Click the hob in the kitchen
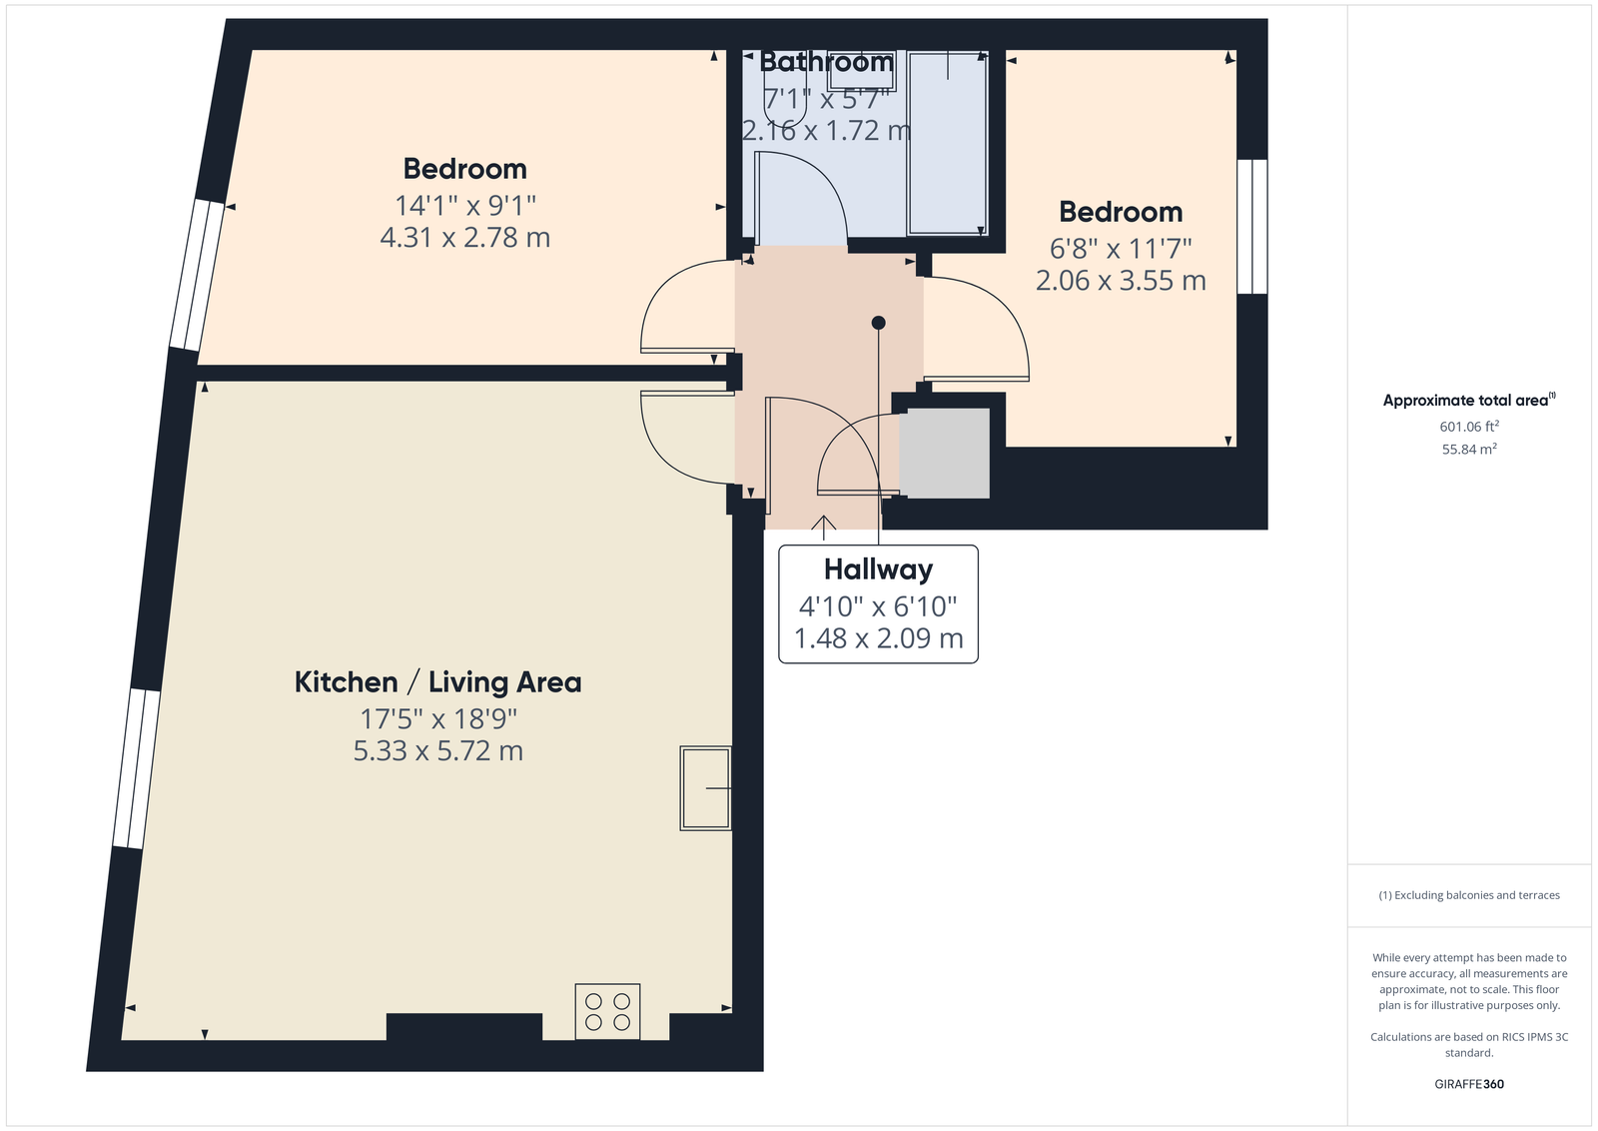[x=608, y=1011]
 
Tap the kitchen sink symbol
[x=705, y=787]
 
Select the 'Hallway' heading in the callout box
[x=878, y=569]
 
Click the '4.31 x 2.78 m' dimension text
[x=465, y=238]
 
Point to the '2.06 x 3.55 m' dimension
[x=1121, y=281]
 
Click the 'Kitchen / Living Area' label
[x=438, y=682]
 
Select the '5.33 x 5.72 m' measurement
[x=438, y=750]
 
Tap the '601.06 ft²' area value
[x=1469, y=426]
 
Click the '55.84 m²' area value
[x=1469, y=449]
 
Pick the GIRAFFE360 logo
[x=1469, y=1084]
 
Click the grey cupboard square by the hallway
[x=944, y=454]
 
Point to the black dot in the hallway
[x=878, y=323]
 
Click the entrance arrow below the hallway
[x=824, y=528]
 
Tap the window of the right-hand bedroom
[x=1252, y=226]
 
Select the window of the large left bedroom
[x=197, y=275]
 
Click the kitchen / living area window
[x=136, y=767]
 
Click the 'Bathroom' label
[x=826, y=62]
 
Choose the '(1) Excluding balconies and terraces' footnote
[x=1469, y=895]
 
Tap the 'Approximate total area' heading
[x=1469, y=400]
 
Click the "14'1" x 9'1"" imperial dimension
[x=465, y=206]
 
